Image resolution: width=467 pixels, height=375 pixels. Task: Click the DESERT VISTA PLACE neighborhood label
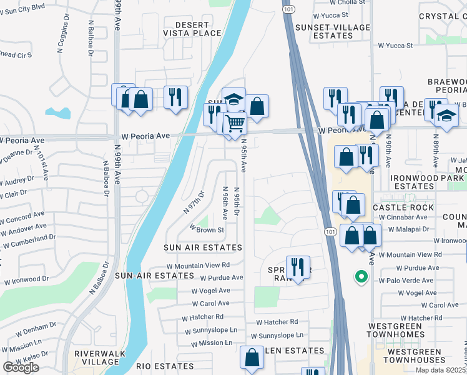192,28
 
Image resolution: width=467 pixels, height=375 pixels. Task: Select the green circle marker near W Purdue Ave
360,276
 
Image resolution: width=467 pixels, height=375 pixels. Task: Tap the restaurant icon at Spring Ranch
298,267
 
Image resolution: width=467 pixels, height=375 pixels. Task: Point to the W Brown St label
206,230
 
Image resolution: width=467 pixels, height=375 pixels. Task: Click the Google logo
21,367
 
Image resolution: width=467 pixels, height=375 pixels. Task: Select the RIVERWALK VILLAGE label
100,357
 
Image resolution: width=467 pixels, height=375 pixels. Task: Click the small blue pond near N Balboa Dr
57,113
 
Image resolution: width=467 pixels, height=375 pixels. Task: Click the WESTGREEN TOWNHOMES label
414,331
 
